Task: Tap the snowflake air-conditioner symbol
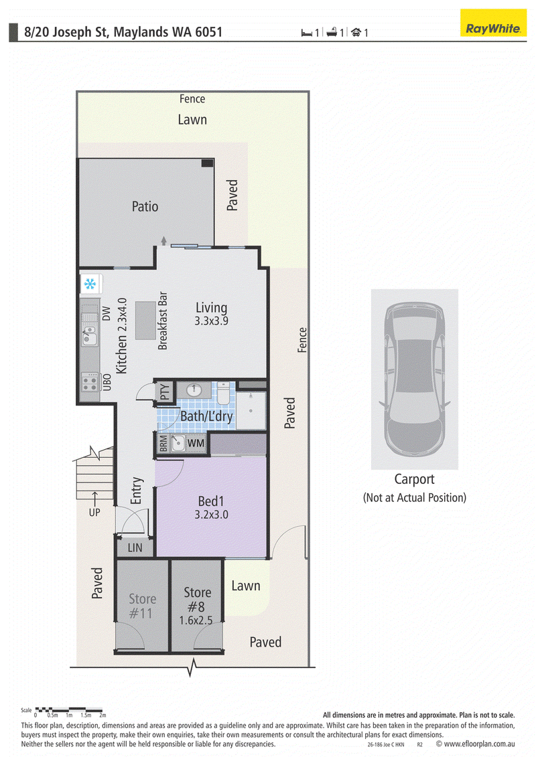click(90, 284)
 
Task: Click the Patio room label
click(145, 207)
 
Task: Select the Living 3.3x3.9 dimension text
click(211, 321)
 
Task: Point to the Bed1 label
click(211, 501)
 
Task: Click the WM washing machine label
click(196, 443)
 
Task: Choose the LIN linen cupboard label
click(135, 548)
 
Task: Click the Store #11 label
click(142, 606)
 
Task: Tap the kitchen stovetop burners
click(89, 382)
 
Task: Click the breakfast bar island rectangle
click(145, 321)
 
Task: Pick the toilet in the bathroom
click(224, 393)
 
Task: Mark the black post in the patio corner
click(207, 163)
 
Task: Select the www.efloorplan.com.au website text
click(479, 744)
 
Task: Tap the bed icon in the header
click(306, 33)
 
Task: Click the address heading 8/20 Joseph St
click(123, 32)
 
